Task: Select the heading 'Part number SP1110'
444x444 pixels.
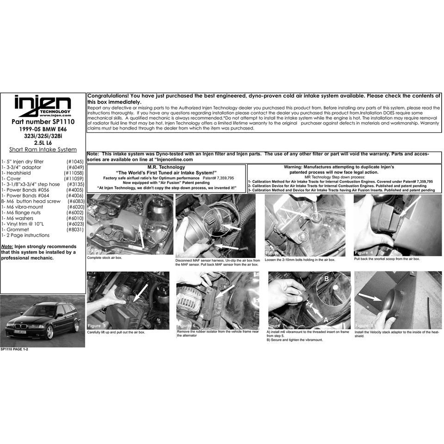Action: pos(43,122)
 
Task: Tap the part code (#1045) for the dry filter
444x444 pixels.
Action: pos(75,161)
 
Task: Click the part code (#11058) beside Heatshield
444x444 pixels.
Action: pos(74,173)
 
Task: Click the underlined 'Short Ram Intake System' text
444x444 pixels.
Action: pos(43,149)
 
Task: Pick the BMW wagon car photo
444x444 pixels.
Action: pos(43,320)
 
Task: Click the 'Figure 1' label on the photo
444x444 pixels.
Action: pos(97,250)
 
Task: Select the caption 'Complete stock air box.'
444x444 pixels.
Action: pos(105,258)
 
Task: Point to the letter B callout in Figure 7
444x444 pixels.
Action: pos(326,279)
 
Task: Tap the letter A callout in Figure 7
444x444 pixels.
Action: pos(326,320)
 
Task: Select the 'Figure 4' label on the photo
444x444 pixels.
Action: pos(364,253)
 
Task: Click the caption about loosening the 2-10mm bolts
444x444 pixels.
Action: pos(300,260)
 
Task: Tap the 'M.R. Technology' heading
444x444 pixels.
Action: pos(166,167)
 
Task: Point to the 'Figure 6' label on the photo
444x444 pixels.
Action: pos(186,326)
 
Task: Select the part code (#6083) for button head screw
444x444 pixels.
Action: pos(76,201)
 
